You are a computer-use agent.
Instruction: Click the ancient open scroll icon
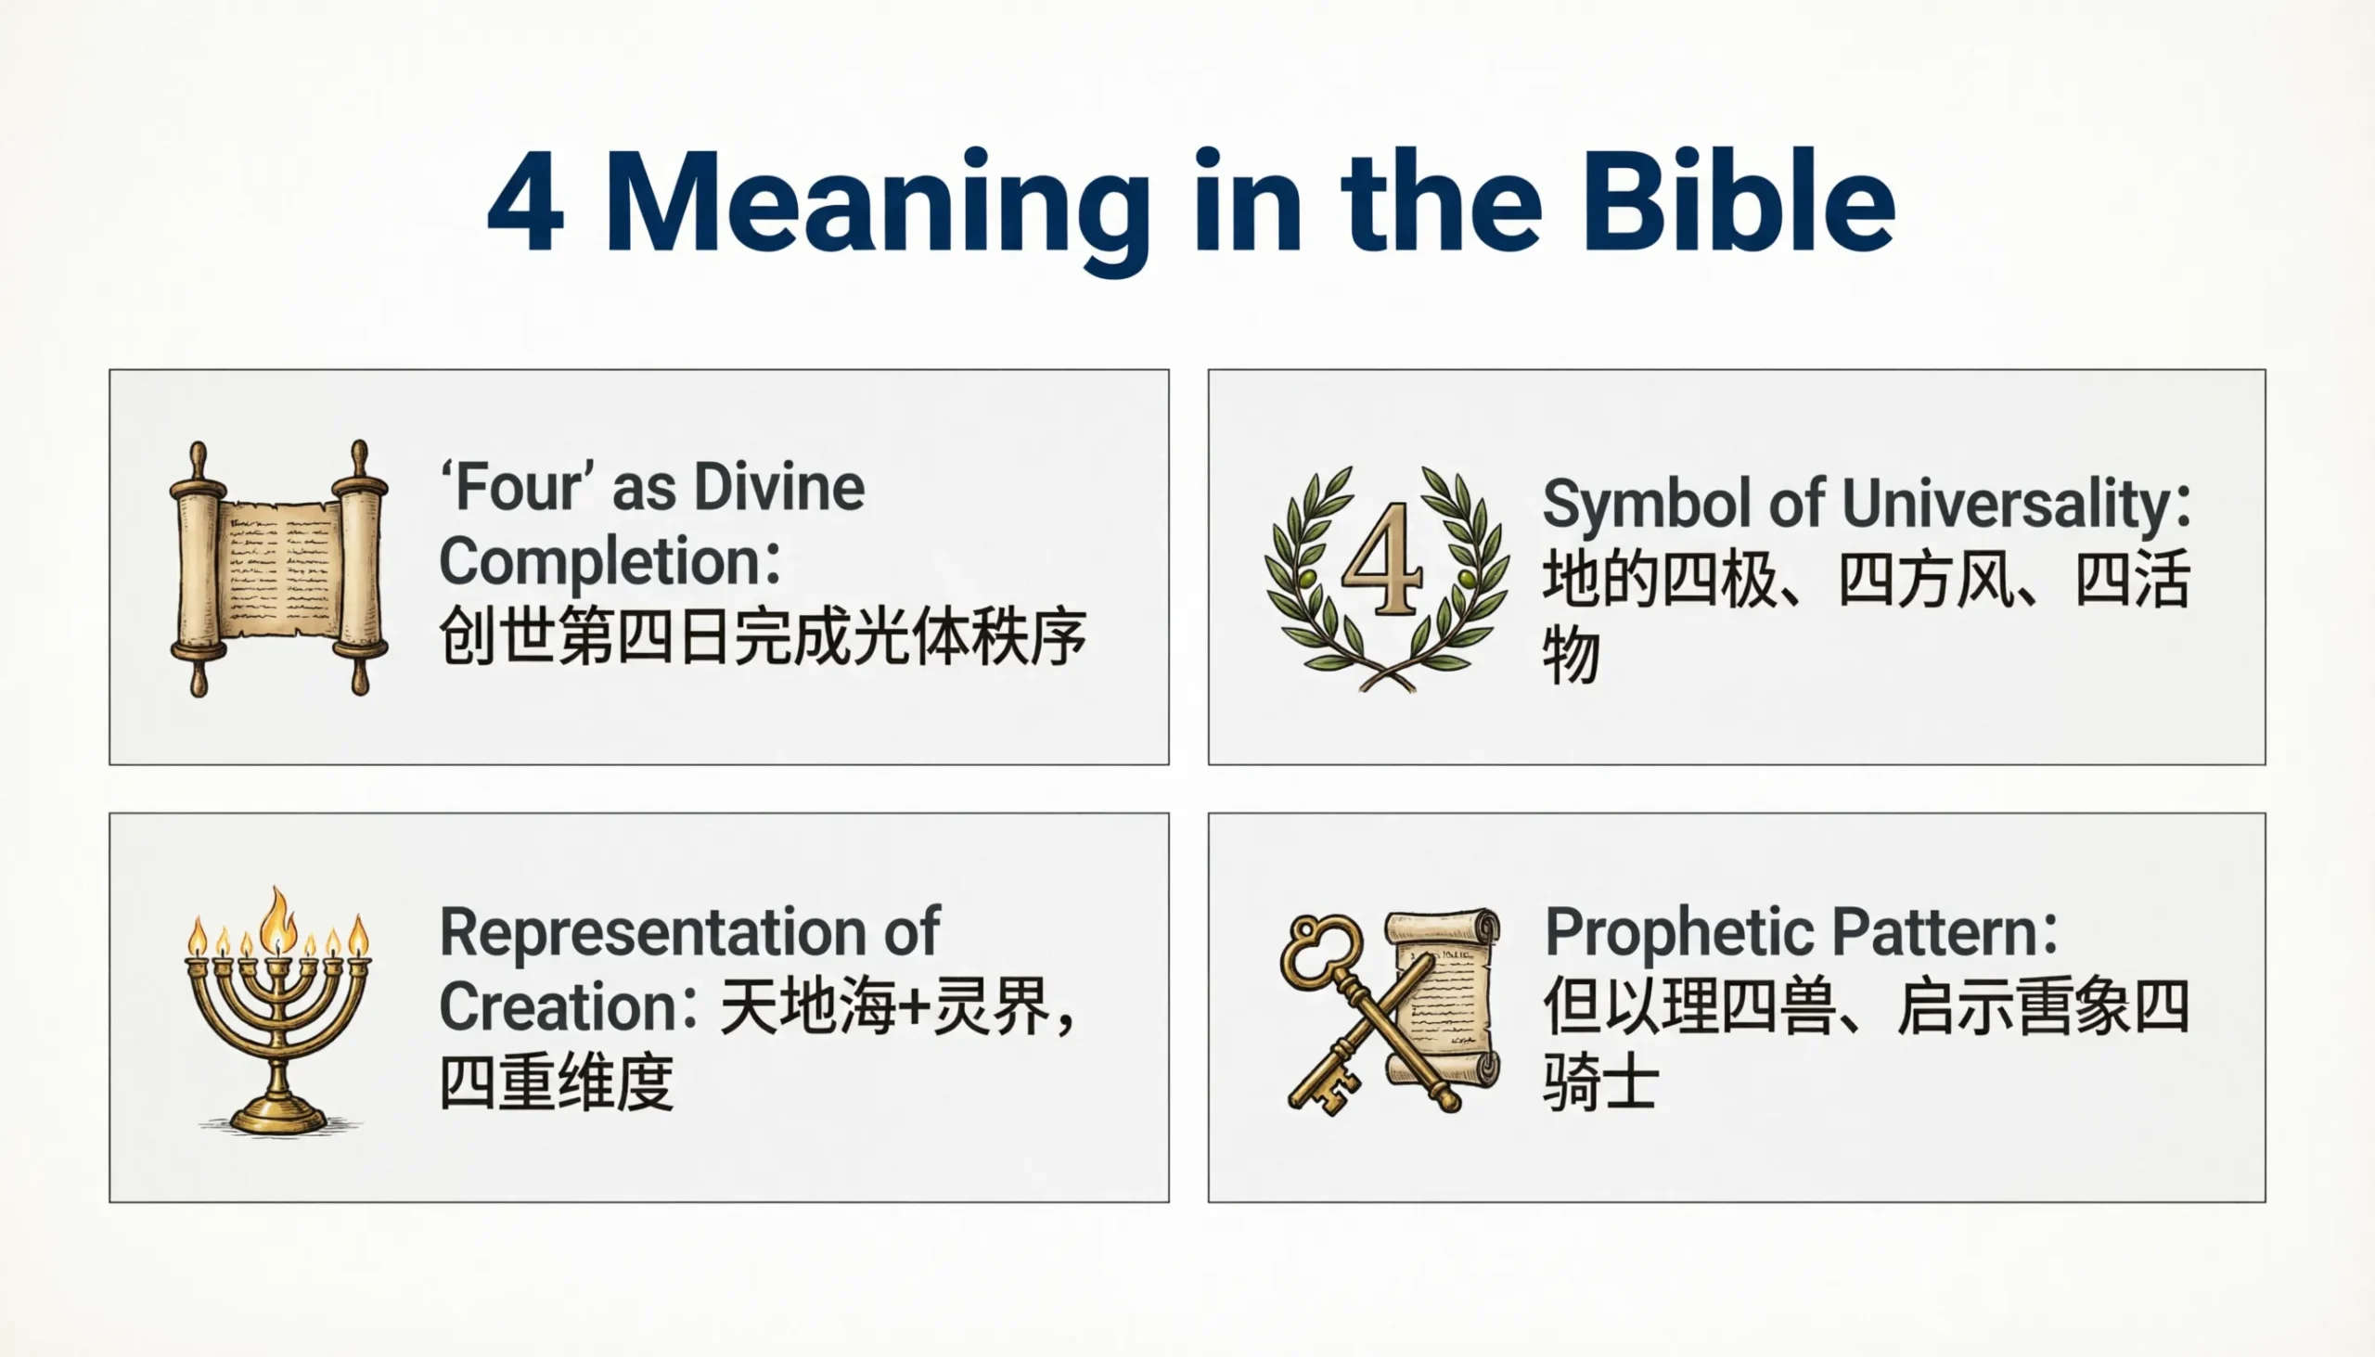click(x=278, y=568)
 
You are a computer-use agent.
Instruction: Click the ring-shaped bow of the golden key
click(x=1321, y=950)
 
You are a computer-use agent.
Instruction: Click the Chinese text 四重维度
click(x=557, y=1083)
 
